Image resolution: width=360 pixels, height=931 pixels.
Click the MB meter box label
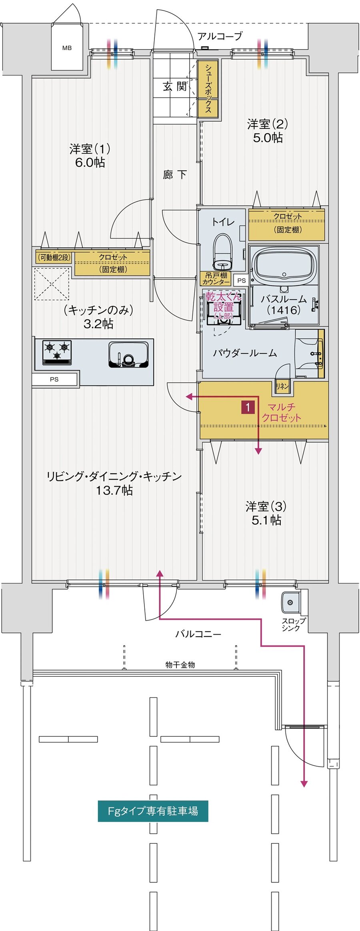[x=67, y=48]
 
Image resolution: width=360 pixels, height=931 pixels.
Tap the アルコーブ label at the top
[x=220, y=36]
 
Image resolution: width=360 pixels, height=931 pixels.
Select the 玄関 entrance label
[x=175, y=86]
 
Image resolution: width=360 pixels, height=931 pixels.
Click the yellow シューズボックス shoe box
[x=208, y=88]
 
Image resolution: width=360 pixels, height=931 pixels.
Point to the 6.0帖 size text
[x=90, y=163]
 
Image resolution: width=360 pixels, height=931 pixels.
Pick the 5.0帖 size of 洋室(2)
[x=268, y=138]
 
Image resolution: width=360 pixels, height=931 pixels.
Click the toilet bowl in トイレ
[x=222, y=252]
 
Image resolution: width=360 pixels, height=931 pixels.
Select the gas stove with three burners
[x=57, y=352]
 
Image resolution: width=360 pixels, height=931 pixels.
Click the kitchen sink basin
[x=128, y=354]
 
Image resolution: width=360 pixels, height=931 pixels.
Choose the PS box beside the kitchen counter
[x=54, y=379]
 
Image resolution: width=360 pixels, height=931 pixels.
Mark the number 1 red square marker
[x=248, y=407]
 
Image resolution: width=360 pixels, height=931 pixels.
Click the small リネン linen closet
[x=282, y=386]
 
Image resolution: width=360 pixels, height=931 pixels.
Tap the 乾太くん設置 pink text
[x=223, y=302]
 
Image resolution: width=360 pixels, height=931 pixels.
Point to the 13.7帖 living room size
[x=114, y=490]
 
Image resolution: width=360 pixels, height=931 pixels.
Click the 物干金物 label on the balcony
[x=180, y=665]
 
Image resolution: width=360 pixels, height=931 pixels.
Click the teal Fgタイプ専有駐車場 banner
[x=153, y=811]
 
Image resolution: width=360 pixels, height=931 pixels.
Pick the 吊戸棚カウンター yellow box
[x=216, y=278]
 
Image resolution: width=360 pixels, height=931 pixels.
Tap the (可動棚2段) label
[x=54, y=258]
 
